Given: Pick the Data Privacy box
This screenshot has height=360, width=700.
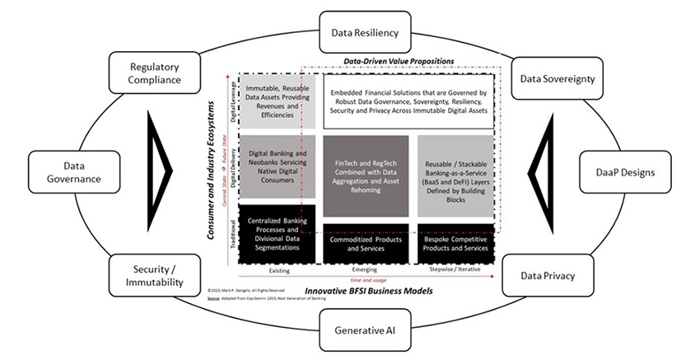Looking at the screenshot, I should click(x=546, y=276).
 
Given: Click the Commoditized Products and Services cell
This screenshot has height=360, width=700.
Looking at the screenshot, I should click(x=365, y=243).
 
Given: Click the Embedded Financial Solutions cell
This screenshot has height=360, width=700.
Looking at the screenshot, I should click(x=408, y=101).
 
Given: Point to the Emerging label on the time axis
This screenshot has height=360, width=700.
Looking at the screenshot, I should click(x=365, y=270).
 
